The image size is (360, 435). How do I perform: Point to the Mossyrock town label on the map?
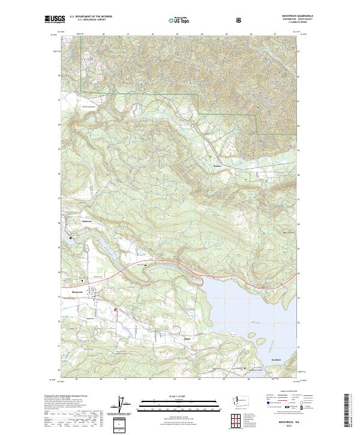pyautogui.click(x=76, y=292)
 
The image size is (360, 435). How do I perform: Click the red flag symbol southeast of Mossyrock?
pyautogui.click(x=115, y=310)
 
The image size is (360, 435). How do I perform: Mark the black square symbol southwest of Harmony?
pyautogui.click(x=71, y=238)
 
